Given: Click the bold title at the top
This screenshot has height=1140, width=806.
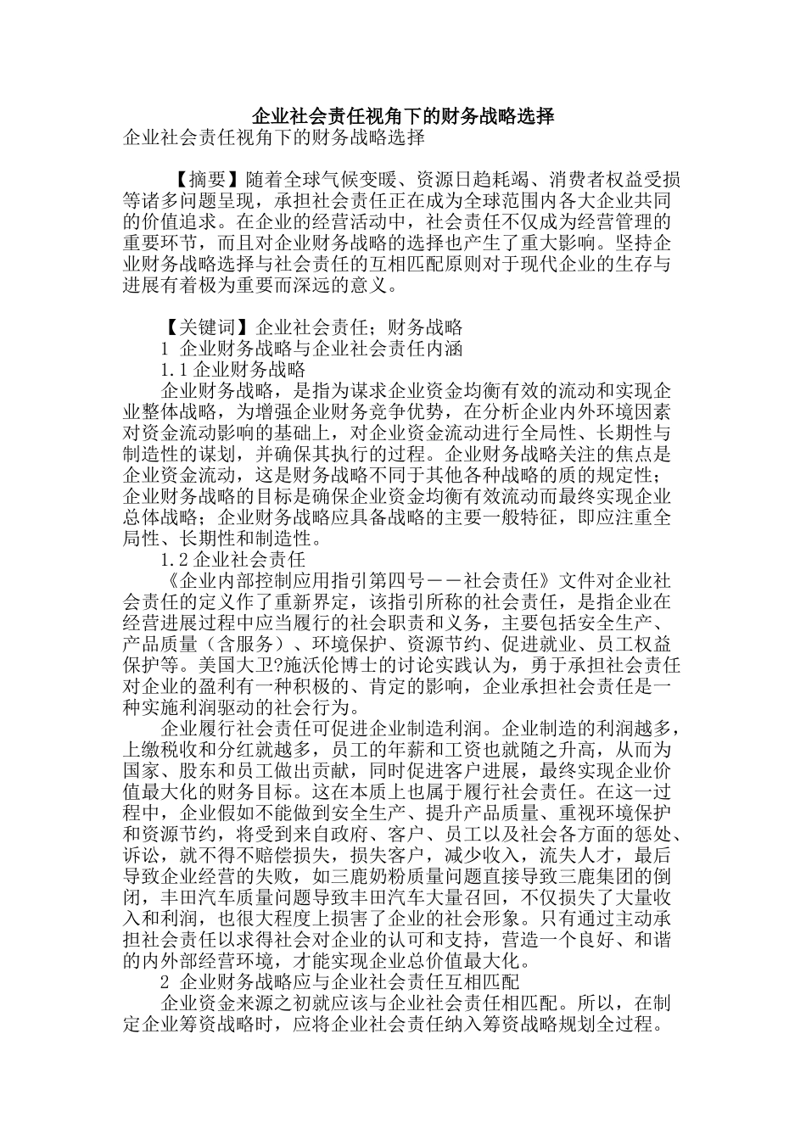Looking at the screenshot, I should click(x=403, y=115).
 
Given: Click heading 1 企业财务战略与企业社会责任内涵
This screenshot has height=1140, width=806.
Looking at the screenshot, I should click(x=311, y=349).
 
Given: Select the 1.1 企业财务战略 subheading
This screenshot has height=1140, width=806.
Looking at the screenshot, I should click(x=232, y=370).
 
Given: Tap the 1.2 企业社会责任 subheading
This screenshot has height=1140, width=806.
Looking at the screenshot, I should click(x=232, y=560).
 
